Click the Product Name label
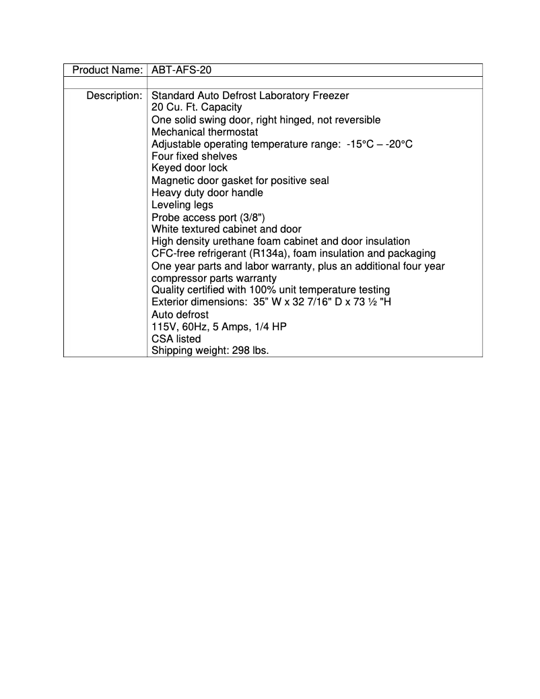tap(107, 70)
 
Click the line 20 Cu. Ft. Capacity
tap(197, 108)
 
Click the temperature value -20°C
tap(399, 144)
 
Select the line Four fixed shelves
tap(194, 156)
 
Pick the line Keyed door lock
tap(189, 168)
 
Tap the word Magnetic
tap(173, 181)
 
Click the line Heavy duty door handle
tap(207, 193)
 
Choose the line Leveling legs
tap(182, 205)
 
